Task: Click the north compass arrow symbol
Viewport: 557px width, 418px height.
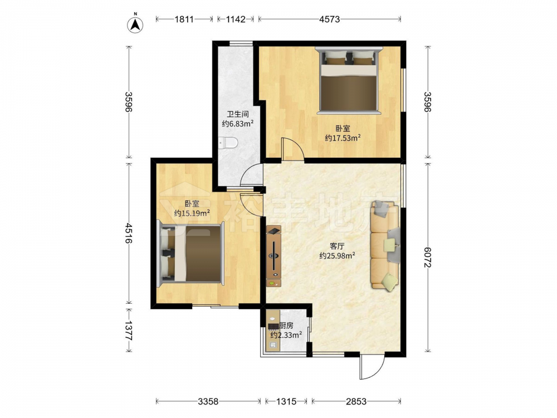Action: pos(135,25)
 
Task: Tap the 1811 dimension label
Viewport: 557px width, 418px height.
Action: pos(184,19)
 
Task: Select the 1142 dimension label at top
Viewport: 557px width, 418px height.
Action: pos(236,19)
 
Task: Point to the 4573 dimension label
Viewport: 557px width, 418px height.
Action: pos(329,19)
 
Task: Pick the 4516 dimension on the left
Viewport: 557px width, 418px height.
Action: pos(129,233)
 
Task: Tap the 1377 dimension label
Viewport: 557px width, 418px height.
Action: pos(129,330)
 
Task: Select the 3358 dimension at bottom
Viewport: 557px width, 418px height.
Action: pos(208,402)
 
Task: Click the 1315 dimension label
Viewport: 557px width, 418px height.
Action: pos(286,402)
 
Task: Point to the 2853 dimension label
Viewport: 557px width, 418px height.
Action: pos(356,402)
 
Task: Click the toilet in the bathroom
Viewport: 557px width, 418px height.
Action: pos(228,143)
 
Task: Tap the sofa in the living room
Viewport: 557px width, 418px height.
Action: pos(385,246)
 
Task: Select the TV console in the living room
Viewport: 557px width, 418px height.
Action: pos(273,256)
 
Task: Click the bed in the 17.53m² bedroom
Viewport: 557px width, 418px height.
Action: pos(348,81)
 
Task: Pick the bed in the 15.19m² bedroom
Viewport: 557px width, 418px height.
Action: pos(191,253)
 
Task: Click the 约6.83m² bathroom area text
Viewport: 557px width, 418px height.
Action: pos(238,124)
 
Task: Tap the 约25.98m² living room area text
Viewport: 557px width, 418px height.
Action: pos(338,256)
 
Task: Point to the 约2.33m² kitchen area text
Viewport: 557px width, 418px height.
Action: pos(286,335)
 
